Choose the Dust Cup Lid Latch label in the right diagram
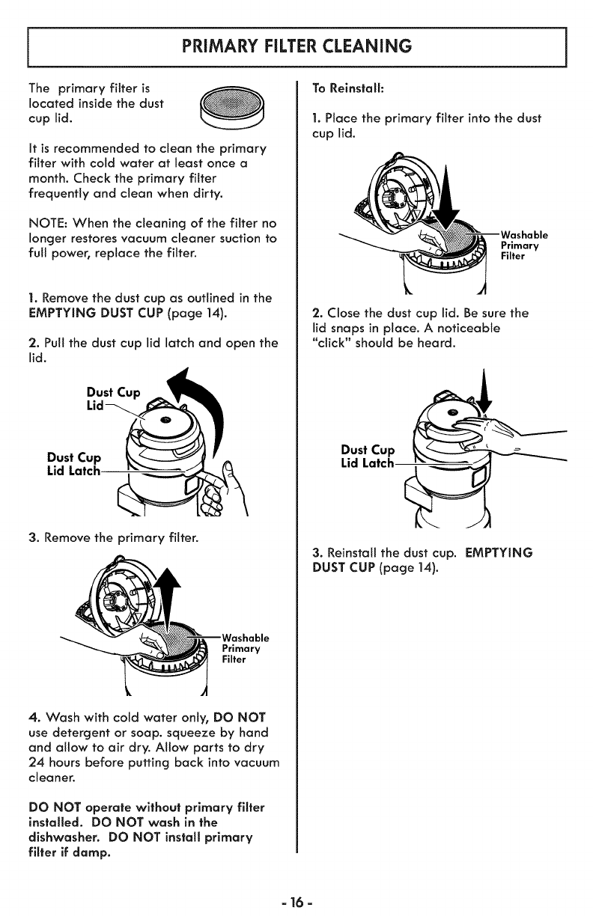pos(367,457)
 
